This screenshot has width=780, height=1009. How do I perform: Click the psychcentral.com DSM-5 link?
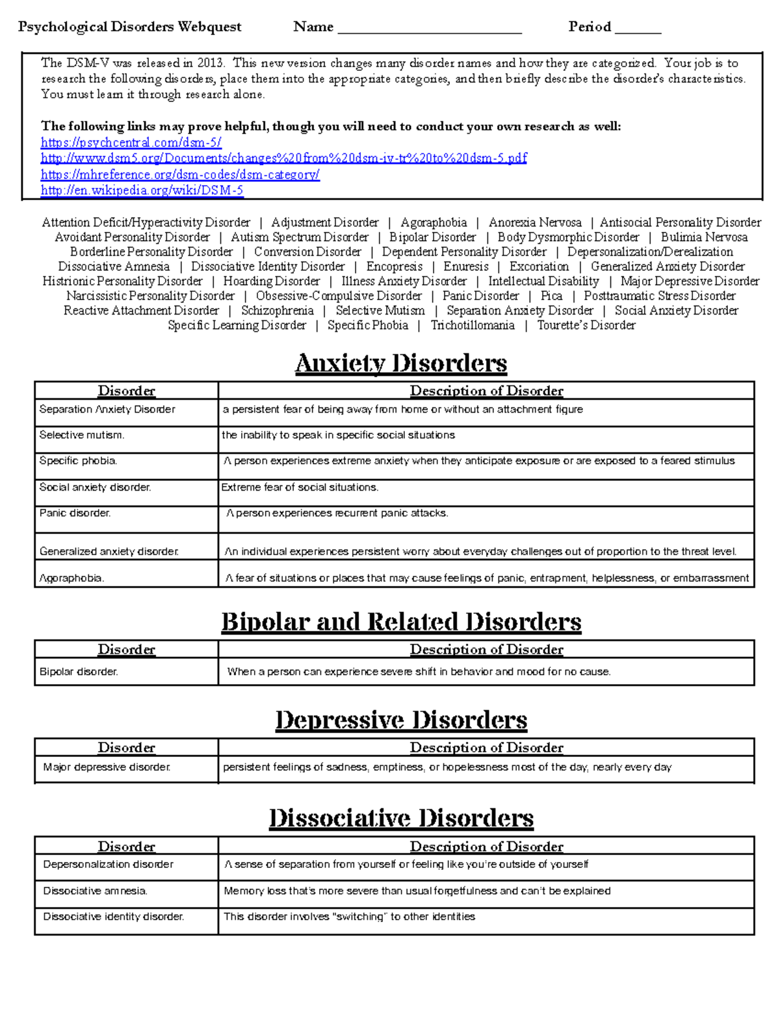coord(131,142)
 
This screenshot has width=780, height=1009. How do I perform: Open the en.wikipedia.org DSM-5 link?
coord(142,190)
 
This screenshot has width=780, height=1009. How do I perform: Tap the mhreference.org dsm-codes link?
coord(180,174)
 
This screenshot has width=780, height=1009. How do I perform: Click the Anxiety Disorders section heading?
coord(401,363)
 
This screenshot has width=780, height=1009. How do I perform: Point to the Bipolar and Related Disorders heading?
coord(401,622)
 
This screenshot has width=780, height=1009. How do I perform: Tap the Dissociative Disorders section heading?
coord(401,818)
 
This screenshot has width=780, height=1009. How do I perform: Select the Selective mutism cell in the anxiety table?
coord(82,435)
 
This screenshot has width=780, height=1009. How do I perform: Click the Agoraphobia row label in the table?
coord(71,578)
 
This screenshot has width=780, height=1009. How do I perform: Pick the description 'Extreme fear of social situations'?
coord(300,487)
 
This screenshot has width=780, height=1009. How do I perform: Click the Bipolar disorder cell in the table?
coord(79,672)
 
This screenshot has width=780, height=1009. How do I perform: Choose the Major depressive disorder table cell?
coord(107,767)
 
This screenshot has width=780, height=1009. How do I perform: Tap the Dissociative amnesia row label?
coord(95,891)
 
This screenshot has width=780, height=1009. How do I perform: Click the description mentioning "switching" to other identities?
coord(349,917)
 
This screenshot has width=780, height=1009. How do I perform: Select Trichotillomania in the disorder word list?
coord(473,325)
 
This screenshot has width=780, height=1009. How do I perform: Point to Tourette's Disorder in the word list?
coord(586,325)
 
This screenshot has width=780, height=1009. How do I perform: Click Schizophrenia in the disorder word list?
coord(278,311)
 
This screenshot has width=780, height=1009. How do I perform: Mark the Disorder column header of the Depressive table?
coord(126,747)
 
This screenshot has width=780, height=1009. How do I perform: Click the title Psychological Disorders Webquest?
coord(129,27)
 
